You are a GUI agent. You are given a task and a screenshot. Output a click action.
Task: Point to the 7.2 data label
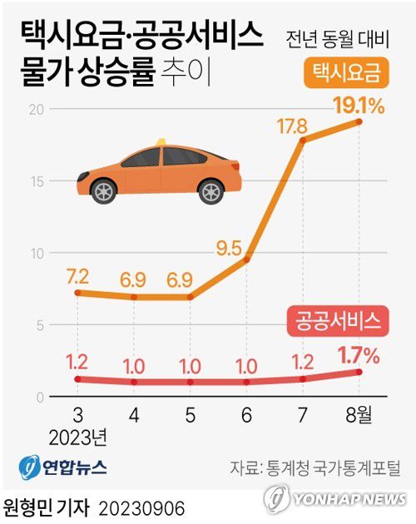point(77,274)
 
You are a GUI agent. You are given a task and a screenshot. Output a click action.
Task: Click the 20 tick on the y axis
point(34,109)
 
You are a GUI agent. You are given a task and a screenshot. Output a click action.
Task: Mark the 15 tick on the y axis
point(34,181)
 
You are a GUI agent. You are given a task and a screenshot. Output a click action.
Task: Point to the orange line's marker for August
point(359,121)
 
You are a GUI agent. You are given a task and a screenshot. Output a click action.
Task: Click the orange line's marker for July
point(303,140)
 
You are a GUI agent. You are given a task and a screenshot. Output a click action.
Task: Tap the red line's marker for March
point(77,379)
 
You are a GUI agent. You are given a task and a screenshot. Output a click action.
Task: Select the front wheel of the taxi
point(103,192)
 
